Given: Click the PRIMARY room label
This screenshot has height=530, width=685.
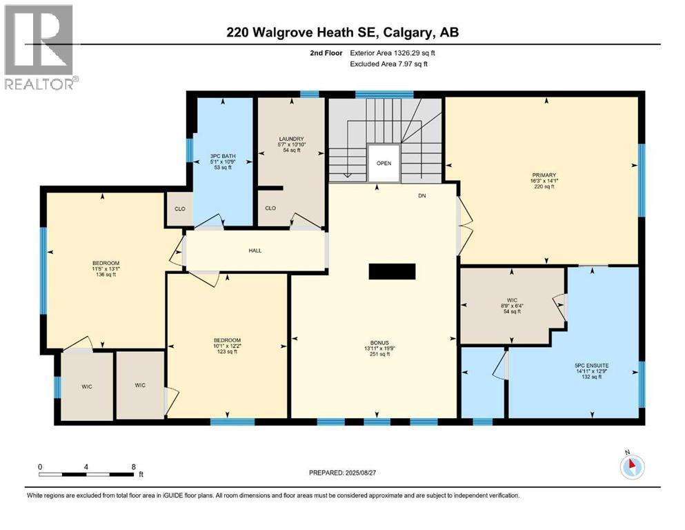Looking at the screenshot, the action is [x=544, y=175].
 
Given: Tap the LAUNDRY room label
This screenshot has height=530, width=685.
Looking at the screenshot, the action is [x=291, y=139].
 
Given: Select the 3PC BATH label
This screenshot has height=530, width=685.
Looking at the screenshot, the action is [x=223, y=156].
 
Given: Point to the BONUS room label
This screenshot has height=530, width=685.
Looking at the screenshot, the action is [x=379, y=343].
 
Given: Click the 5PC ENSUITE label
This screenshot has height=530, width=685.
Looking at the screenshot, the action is [x=592, y=366].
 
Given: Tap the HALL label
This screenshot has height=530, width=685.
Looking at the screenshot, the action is [x=255, y=251].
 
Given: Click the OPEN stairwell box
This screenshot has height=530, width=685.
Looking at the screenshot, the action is [x=384, y=163].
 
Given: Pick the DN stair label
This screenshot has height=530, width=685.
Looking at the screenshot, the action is [x=421, y=196].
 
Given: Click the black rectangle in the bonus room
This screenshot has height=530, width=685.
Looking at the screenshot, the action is [x=392, y=271].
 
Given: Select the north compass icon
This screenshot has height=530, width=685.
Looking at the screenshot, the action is [x=632, y=467].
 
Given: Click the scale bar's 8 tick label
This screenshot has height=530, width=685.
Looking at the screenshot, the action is [x=134, y=467].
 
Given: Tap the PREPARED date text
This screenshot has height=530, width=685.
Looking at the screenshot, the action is [x=342, y=473].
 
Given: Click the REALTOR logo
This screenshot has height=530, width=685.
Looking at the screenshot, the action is [x=40, y=47].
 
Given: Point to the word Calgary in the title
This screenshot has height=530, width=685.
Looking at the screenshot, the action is [x=408, y=32].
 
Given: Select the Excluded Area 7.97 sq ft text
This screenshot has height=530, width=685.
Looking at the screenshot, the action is [x=389, y=63].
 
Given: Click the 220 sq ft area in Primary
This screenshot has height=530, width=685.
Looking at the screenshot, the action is [x=544, y=186].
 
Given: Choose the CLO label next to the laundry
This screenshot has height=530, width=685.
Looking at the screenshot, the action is [x=270, y=208].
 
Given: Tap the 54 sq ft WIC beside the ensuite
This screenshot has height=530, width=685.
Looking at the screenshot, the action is [x=512, y=311].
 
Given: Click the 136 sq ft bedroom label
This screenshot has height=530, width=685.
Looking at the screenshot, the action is [x=106, y=275].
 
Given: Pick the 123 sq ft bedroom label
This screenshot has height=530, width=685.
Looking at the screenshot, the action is [x=227, y=351].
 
